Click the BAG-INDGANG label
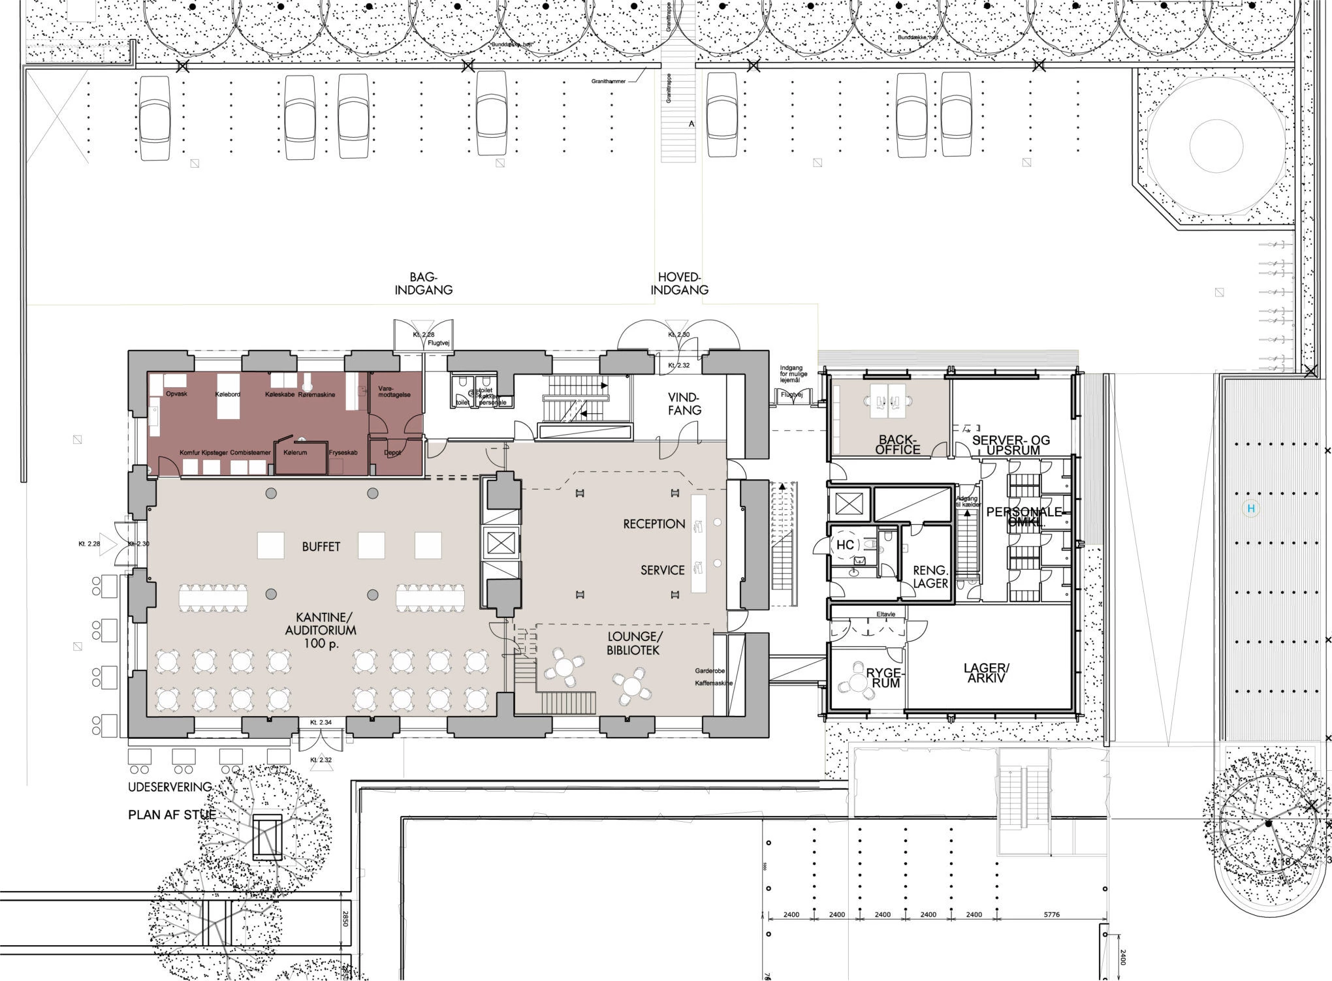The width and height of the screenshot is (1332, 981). point(423,283)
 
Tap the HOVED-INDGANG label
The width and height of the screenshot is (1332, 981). point(679,283)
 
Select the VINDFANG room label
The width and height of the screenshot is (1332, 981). point(684,403)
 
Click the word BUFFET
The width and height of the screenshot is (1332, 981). point(321,546)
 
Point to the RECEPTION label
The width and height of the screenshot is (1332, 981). point(654,523)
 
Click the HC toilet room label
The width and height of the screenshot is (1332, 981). point(845,544)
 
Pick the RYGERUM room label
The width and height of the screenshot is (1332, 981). point(885,677)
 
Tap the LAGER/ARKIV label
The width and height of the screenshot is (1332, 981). point(987,673)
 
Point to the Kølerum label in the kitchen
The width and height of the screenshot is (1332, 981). point(295,452)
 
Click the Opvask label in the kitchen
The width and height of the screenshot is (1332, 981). point(176,394)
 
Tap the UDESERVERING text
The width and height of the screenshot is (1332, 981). point(170,787)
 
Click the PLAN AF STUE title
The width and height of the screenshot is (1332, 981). point(171,815)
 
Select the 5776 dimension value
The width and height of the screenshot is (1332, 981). point(1051,914)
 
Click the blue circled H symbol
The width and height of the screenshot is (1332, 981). point(1251,508)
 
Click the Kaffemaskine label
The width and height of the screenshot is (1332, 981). point(714,683)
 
